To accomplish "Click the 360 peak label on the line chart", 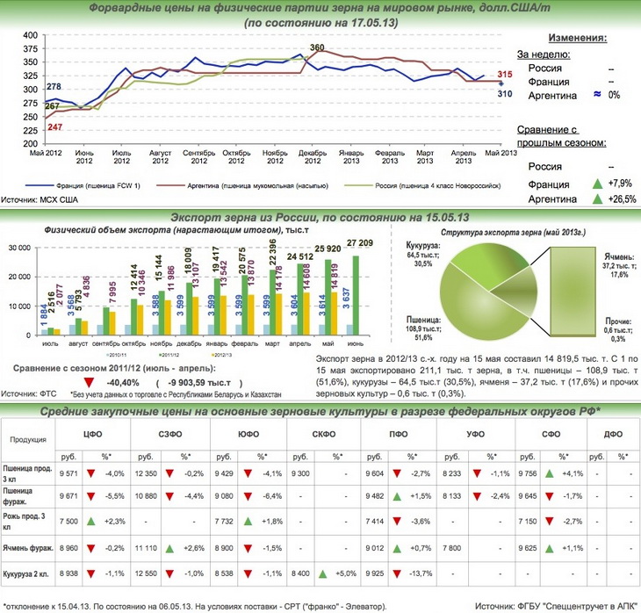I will pyautogui.click(x=317, y=47).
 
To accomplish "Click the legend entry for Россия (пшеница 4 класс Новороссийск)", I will pyautogui.click(x=424, y=187).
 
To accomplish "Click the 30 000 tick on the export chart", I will pyautogui.click(x=18, y=249).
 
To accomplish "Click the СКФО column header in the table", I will pyautogui.click(x=323, y=433).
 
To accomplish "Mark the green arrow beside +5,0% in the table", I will pyautogui.click(x=323, y=575).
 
